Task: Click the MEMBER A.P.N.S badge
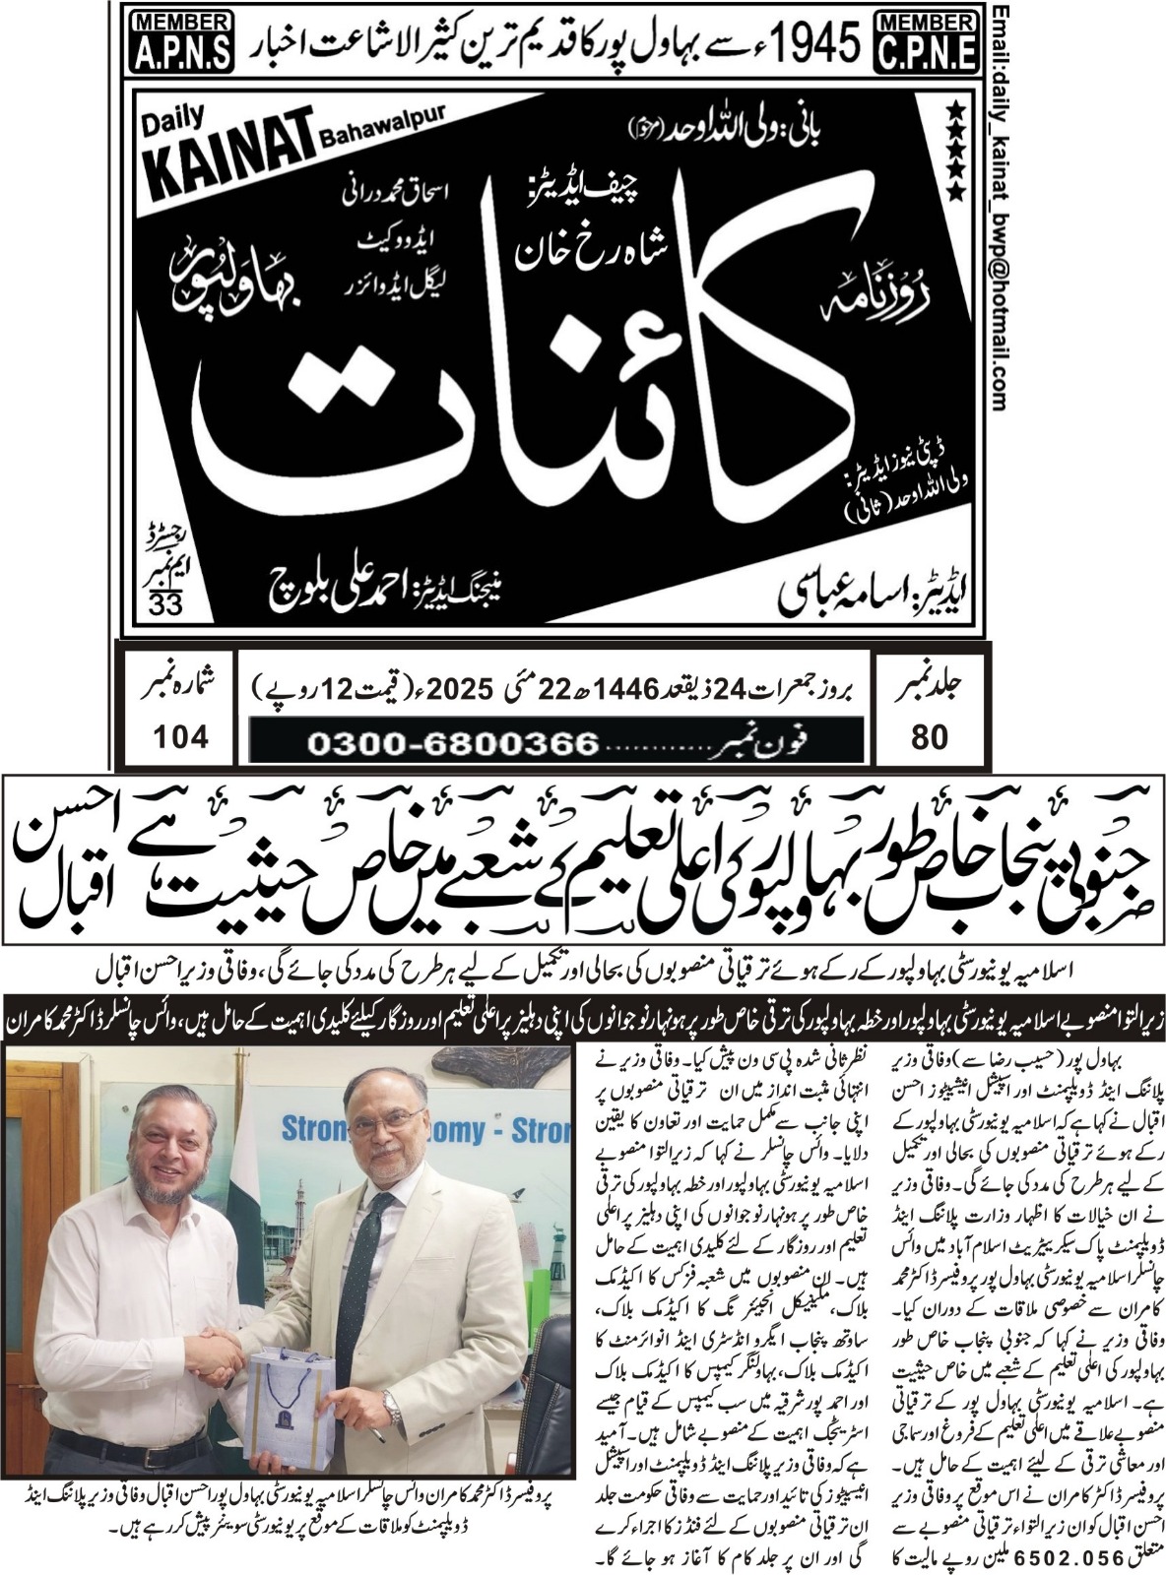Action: tap(180, 39)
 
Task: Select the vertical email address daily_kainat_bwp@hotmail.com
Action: tap(1000, 207)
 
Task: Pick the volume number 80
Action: tap(929, 736)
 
